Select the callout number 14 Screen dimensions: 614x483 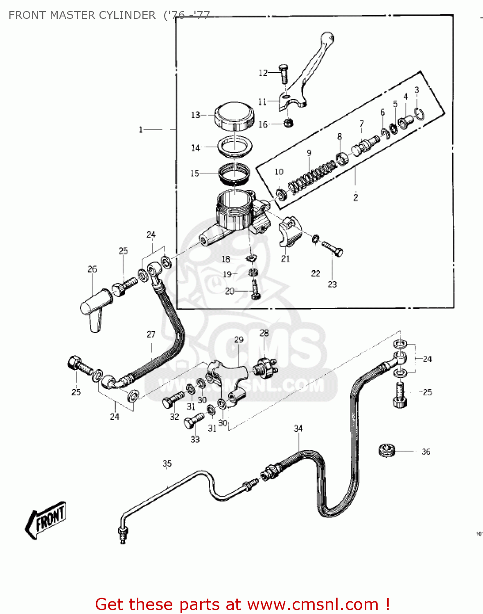195,148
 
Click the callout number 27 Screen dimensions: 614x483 151,334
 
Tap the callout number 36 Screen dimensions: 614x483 426,451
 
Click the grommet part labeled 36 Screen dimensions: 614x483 387,450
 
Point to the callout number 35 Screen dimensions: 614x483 167,463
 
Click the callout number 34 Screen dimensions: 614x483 298,428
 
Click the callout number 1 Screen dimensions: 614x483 141,130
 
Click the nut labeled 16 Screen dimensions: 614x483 288,122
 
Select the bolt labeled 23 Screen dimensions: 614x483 332,248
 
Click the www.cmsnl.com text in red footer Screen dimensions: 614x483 313,604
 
